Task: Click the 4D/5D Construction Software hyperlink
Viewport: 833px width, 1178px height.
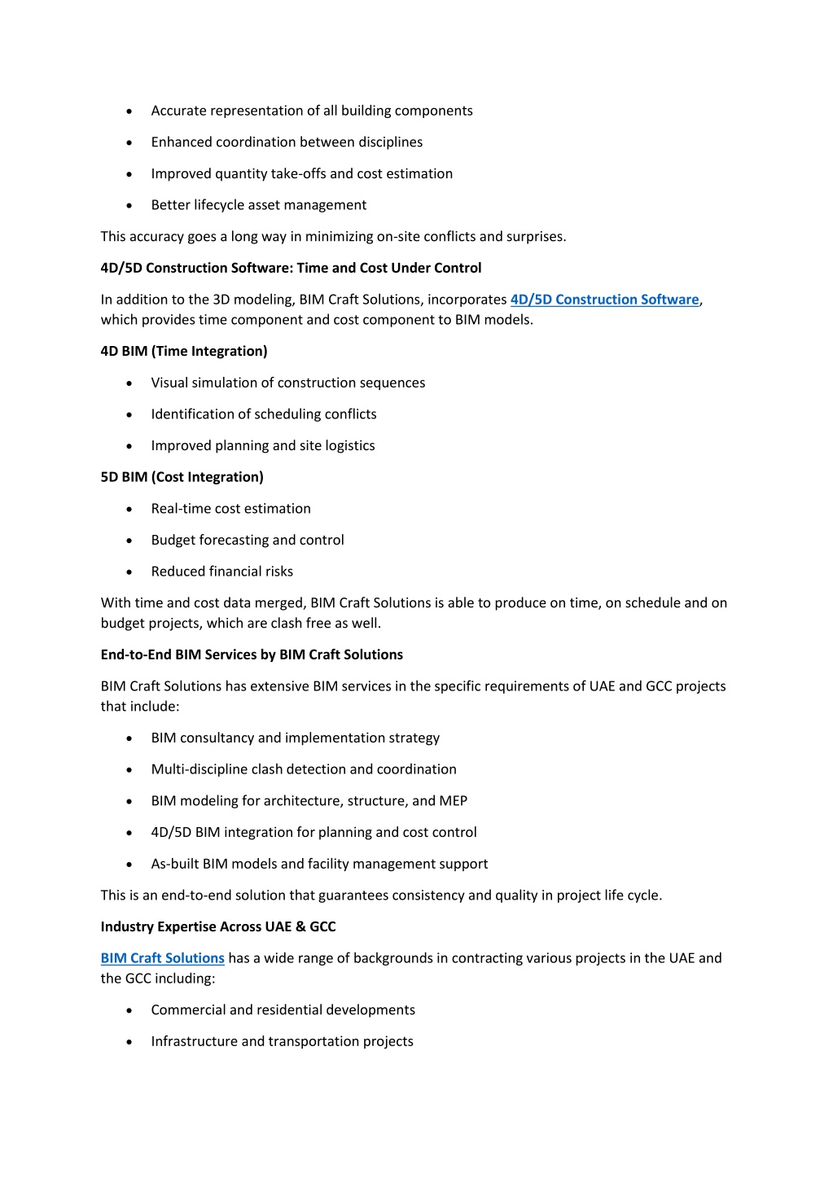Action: click(604, 300)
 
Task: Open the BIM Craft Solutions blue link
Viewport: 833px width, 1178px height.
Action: click(162, 958)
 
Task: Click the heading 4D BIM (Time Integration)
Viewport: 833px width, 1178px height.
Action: click(184, 351)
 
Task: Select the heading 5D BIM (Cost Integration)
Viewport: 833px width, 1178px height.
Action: click(182, 477)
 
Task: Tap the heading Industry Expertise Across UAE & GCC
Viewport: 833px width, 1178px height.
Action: click(217, 926)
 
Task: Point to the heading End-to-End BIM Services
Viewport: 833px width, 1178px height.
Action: click(252, 655)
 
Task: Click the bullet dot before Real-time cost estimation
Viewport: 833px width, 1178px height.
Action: click(129, 510)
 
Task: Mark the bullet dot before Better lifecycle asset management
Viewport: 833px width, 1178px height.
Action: click(129, 206)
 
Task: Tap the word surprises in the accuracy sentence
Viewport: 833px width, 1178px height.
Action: click(534, 237)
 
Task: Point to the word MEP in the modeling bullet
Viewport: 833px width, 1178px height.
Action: click(453, 801)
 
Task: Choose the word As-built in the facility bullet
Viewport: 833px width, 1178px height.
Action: click(174, 864)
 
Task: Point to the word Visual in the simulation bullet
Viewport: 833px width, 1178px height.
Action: click(169, 383)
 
